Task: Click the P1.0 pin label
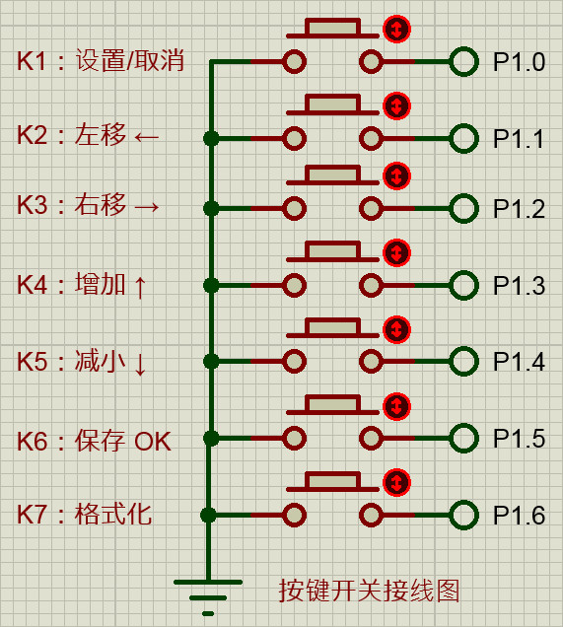click(x=519, y=62)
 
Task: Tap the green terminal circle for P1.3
click(x=463, y=285)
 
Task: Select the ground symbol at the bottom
click(x=208, y=597)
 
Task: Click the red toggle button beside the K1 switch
click(x=396, y=30)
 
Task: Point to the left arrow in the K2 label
click(x=146, y=138)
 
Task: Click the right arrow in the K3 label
click(x=147, y=207)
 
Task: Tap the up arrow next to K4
click(x=140, y=286)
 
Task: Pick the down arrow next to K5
click(x=140, y=363)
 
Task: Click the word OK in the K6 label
click(x=153, y=442)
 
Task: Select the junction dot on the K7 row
click(x=208, y=515)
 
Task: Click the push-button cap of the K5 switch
click(x=332, y=327)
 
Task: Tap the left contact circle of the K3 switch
click(x=294, y=208)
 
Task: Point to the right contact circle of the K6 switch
click(x=371, y=439)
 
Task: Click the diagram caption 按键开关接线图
click(x=369, y=591)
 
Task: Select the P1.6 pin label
click(x=519, y=515)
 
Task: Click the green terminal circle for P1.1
click(x=463, y=138)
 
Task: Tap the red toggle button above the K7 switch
click(x=396, y=483)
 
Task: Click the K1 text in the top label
click(x=31, y=61)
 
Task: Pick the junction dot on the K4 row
click(x=211, y=285)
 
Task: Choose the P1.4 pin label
click(x=519, y=362)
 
